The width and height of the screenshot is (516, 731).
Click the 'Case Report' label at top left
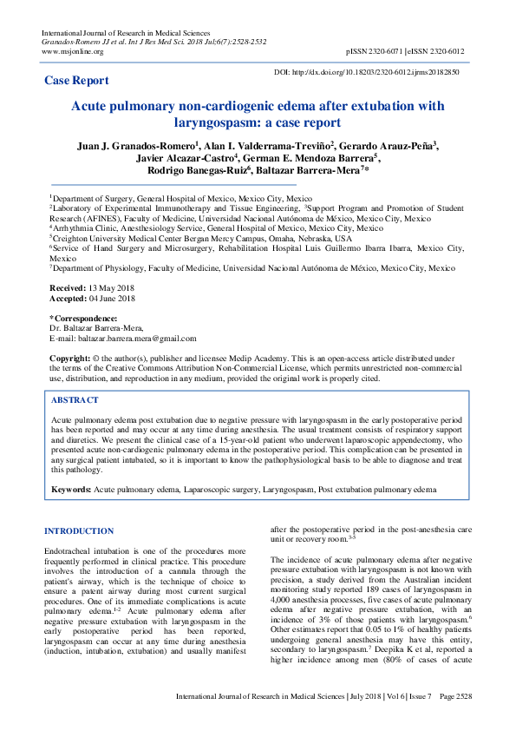pyautogui.click(x=76, y=81)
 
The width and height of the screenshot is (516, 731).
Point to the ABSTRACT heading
pyautogui.click(x=75, y=400)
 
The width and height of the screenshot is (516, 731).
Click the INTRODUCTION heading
pyautogui.click(x=78, y=530)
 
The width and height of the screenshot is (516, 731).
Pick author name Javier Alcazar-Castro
pyautogui.click(x=186, y=160)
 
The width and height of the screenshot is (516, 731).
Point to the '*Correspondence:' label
pyautogui.click(x=83, y=319)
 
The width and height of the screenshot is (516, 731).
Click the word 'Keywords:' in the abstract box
pyautogui.click(x=71, y=490)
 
